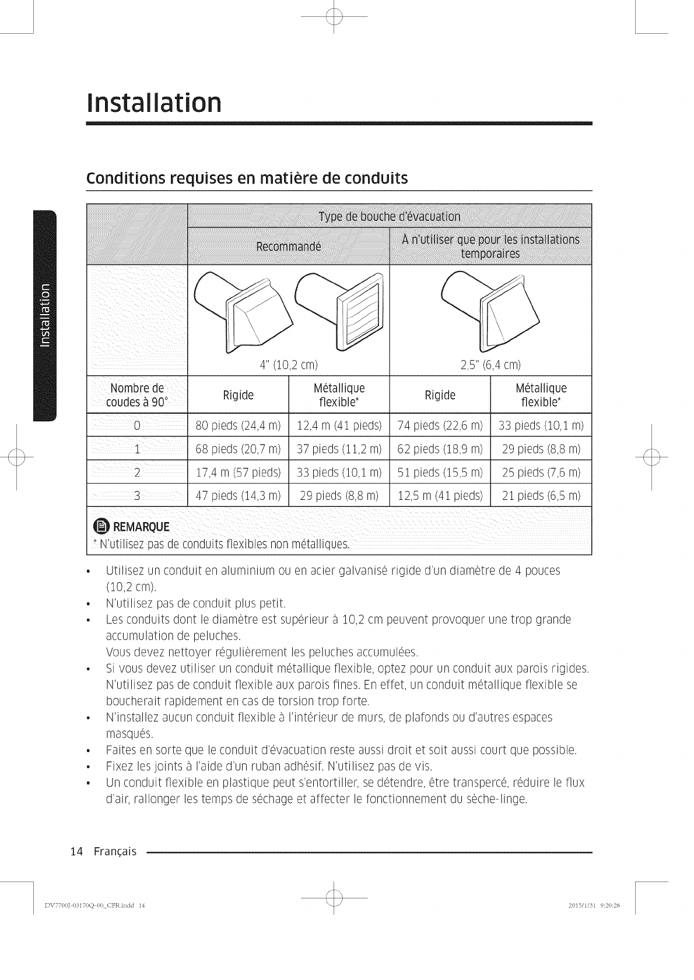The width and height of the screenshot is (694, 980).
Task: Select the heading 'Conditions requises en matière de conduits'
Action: click(246, 178)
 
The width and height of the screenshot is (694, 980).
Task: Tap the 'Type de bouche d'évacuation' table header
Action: click(390, 217)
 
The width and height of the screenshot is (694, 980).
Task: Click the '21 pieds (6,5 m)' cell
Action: click(541, 496)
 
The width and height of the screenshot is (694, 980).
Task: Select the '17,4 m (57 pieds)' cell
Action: click(238, 472)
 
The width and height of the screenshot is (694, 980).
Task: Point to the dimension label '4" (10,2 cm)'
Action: click(288, 365)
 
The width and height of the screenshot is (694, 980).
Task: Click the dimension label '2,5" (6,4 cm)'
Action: click(490, 365)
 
